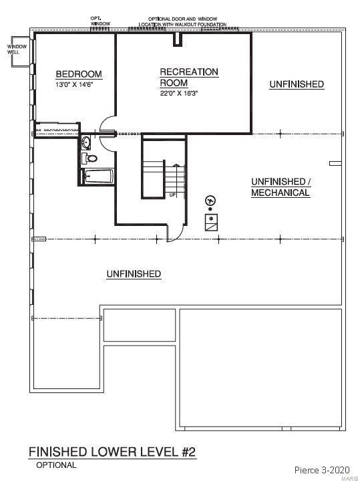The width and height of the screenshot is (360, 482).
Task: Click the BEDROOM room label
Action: pos(79,74)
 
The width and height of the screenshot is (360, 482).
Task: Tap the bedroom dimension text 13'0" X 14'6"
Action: pos(74,84)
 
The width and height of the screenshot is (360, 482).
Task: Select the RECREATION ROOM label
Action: pos(189,78)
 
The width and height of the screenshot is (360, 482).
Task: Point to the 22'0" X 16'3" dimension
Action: pos(179,93)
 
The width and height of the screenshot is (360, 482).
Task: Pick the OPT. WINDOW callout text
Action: pos(100,21)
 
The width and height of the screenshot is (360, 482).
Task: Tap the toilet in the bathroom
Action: pos(90,158)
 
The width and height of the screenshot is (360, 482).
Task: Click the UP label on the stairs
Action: pos(172,195)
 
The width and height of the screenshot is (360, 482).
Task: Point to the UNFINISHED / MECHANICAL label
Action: pos(281,187)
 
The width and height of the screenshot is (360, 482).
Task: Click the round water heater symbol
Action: pos(210,201)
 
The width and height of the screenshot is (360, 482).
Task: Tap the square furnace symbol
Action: pos(211,222)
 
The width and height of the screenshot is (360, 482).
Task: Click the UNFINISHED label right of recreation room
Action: pos(297,84)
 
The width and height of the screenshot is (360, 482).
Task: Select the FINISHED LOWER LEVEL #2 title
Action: pos(112,452)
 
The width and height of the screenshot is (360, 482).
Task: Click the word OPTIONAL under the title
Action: pos(56,465)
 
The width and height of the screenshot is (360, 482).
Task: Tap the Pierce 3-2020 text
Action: pos(322,470)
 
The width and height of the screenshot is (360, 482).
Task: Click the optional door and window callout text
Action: pos(182,21)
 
